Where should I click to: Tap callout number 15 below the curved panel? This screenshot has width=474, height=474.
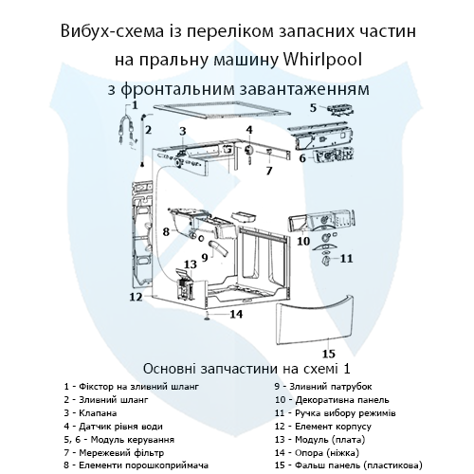point(330,342)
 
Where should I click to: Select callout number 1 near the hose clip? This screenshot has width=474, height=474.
point(135,105)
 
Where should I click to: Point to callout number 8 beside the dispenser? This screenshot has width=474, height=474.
point(165,230)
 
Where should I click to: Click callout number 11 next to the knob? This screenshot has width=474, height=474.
point(347,258)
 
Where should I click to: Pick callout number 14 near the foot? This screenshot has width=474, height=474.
point(237,314)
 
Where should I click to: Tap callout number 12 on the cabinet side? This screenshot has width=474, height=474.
point(136,297)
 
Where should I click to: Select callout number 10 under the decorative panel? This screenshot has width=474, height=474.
point(304,241)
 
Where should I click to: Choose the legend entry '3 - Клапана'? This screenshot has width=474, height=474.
point(91,413)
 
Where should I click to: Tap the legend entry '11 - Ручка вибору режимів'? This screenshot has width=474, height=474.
point(340,413)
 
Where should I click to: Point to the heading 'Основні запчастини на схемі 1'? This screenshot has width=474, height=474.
point(236,367)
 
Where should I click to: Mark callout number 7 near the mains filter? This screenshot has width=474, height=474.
point(268,173)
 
